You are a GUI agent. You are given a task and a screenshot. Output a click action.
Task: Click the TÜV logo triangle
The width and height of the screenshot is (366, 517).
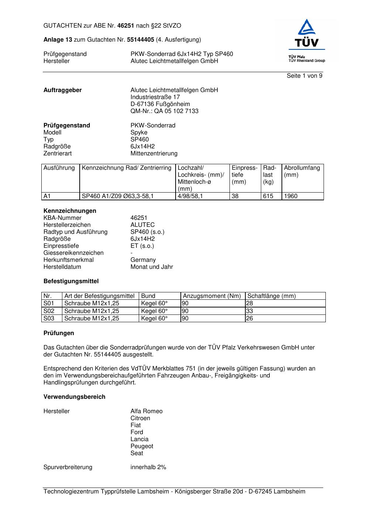pos(307,27)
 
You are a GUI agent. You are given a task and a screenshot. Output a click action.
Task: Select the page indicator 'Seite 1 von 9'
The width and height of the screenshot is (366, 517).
pos(304,76)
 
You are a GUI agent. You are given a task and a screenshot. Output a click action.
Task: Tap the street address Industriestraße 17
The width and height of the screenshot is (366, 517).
pos(155,97)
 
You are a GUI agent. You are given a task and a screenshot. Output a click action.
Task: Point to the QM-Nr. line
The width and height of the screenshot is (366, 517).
pos(164,111)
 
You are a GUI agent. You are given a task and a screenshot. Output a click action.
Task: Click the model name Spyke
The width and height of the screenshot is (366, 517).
pos(139,133)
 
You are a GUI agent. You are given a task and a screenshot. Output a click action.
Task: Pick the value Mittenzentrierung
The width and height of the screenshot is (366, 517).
pos(153,154)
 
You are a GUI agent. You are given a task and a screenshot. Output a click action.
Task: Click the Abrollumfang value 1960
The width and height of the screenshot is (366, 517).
pos(291,196)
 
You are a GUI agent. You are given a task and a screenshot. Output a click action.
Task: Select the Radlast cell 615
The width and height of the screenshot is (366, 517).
pos(268,196)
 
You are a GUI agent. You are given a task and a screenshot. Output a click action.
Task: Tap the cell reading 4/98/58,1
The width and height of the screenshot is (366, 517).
pos(190,196)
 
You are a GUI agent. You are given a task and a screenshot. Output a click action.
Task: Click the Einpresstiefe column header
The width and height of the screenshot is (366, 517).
pos(245,175)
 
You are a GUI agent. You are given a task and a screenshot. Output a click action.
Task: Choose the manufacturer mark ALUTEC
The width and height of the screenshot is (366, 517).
pos(142,225)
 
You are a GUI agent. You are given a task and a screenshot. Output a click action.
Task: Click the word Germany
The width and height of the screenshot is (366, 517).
pos(143,260)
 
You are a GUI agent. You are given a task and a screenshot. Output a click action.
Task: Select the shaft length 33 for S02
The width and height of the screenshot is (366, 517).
pos(249,311)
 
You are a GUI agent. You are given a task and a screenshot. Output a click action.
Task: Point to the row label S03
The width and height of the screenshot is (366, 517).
pos(49,319)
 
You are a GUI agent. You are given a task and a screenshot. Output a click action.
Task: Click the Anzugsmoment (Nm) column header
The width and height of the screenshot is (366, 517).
pos(212,296)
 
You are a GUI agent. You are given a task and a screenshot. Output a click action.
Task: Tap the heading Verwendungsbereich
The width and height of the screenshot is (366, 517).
pos(74,397)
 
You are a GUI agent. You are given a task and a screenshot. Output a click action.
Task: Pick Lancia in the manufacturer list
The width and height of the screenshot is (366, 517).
pos(139,439)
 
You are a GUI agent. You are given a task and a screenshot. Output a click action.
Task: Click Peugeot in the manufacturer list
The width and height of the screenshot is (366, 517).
pos(142,446)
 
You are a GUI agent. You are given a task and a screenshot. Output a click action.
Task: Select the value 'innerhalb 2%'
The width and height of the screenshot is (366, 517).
pos(148,467)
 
